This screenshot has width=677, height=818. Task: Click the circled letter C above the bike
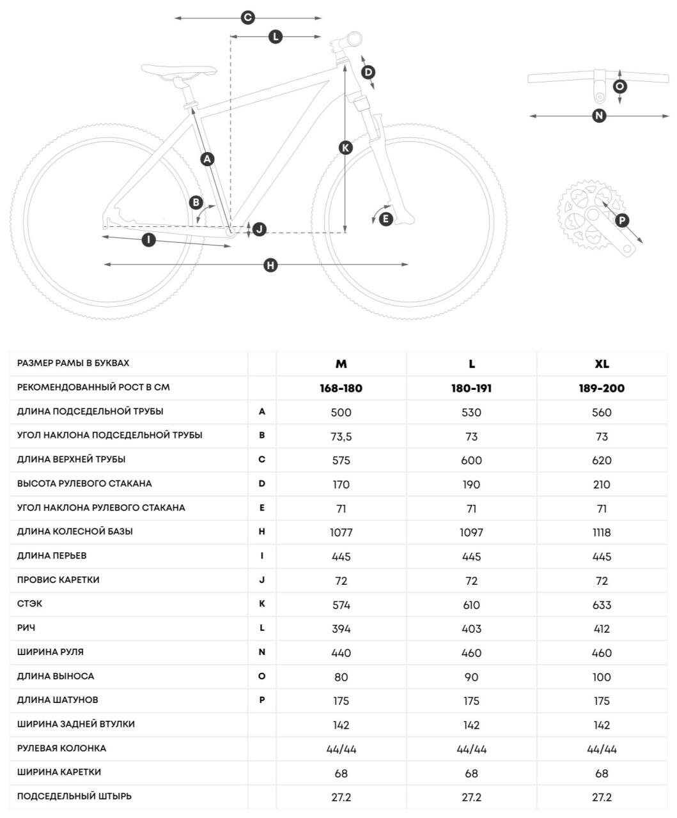pos(248,18)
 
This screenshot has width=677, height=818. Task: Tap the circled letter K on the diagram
pos(345,148)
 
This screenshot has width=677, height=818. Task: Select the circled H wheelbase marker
pos(271,265)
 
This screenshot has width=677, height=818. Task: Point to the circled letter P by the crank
pos(621,221)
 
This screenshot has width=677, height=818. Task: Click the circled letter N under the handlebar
pos(599,116)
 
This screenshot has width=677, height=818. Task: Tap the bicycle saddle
pos(178,71)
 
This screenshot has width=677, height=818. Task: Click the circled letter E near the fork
pos(385,219)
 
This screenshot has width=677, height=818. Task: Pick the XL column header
pos(602,364)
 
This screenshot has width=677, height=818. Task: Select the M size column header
pos(341,364)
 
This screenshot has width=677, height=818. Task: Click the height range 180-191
pos(471,388)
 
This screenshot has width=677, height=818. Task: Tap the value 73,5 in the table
pos(341,436)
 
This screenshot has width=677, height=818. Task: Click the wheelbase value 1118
pos(602,532)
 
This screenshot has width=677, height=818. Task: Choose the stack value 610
pos(471,605)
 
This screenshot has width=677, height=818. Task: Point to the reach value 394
pos(341,629)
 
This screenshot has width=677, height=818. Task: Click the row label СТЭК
pos(30,604)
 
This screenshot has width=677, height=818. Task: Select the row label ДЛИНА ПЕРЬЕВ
pos(52,555)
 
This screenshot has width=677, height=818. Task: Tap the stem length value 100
pos(602,677)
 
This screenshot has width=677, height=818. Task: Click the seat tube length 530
pos(471,412)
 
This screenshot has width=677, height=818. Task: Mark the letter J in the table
pos(262,580)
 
